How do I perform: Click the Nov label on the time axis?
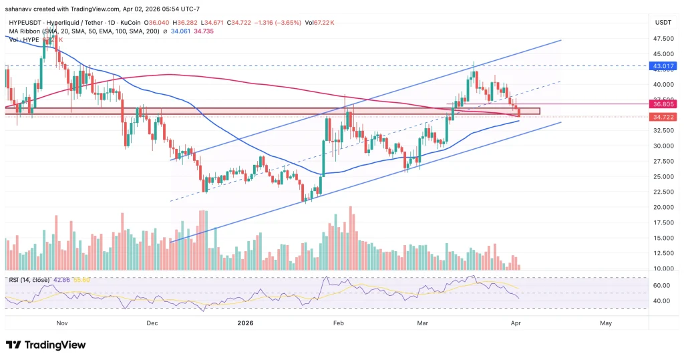[x=62, y=323]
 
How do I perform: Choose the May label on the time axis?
[x=606, y=323]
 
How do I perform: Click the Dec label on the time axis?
[x=152, y=323]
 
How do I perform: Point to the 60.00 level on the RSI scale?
[x=662, y=285]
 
